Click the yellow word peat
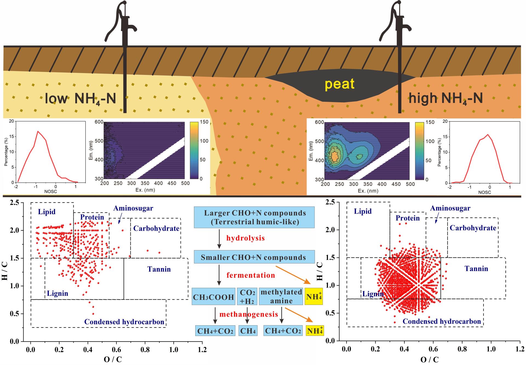point(339,84)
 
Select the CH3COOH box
point(213,297)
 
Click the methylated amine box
point(281,296)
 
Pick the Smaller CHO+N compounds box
point(254,257)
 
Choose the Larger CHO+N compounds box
point(254,217)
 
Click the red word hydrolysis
point(245,238)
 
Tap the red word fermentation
point(250,275)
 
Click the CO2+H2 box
point(247,297)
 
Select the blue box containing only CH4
point(248,331)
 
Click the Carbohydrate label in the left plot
point(156,228)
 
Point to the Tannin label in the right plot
point(476,269)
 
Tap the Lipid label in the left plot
point(47,212)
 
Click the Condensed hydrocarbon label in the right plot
point(442,321)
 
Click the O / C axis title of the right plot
point(429,359)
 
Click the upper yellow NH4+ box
point(314,297)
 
